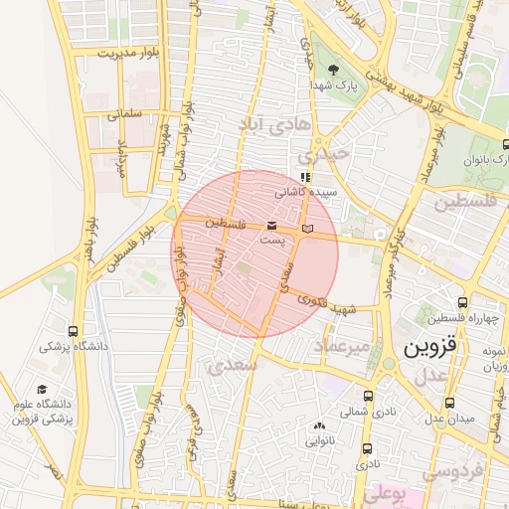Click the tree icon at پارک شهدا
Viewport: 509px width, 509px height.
click(332, 70)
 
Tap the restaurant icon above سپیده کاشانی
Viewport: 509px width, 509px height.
click(305, 178)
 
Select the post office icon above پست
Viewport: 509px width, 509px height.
click(272, 227)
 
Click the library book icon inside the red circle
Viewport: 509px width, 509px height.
click(306, 229)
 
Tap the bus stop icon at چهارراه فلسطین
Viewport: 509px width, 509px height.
click(463, 302)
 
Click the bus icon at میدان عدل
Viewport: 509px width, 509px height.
click(450, 404)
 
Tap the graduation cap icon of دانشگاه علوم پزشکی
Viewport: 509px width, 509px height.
click(42, 389)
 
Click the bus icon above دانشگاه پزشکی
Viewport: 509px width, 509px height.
click(73, 331)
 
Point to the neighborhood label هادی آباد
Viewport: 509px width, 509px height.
click(274, 122)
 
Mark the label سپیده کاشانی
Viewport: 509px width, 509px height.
click(305, 191)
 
